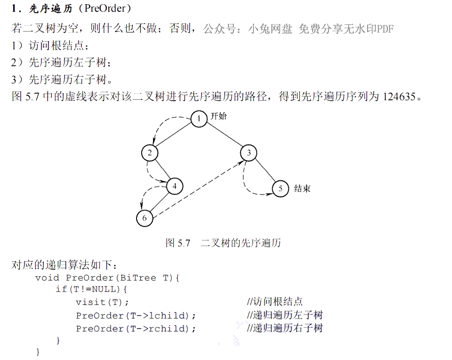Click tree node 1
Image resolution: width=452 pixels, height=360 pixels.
click(x=199, y=119)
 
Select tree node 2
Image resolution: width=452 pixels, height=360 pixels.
click(x=149, y=153)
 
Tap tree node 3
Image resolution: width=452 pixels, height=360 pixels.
click(x=249, y=153)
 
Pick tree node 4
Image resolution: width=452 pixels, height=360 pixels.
click(x=175, y=186)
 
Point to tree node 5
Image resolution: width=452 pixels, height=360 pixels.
click(x=281, y=189)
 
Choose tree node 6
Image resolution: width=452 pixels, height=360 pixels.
click(x=145, y=218)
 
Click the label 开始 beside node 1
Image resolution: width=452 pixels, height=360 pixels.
click(x=218, y=116)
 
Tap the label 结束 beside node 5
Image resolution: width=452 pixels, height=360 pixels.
click(x=302, y=189)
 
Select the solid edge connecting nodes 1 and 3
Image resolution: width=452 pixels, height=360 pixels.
click(x=224, y=136)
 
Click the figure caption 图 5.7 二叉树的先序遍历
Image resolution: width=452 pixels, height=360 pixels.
click(x=223, y=243)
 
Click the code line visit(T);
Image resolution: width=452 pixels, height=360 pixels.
click(x=102, y=302)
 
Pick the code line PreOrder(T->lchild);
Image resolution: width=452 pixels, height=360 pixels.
click(x=136, y=315)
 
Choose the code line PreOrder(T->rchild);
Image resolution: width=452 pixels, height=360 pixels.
click(x=136, y=328)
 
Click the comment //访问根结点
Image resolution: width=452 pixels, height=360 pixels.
click(x=275, y=302)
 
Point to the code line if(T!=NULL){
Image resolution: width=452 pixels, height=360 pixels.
click(x=91, y=288)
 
